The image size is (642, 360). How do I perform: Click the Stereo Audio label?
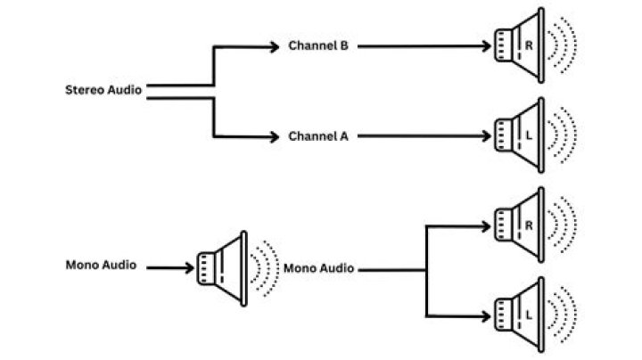103,90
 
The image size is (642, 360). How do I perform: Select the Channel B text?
317,45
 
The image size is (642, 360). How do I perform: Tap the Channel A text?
317,136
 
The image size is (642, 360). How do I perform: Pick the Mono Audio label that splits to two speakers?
318,268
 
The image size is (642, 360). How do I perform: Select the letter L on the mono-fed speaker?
530,315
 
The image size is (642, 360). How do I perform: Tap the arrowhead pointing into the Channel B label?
275,45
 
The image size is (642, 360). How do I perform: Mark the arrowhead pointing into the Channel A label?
275,136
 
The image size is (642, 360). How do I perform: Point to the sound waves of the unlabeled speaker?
265,266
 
